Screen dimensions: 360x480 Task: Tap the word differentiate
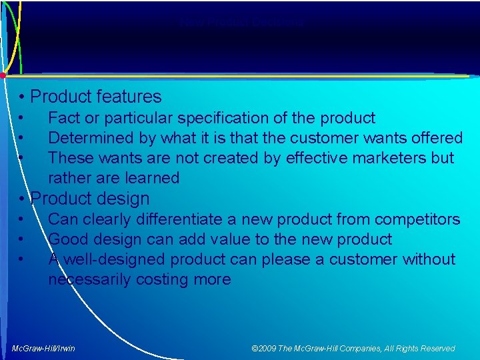point(169,219)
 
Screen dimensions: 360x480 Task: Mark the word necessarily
point(89,279)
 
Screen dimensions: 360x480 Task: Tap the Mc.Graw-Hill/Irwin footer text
point(44,349)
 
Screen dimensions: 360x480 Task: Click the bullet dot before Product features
point(23,97)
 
